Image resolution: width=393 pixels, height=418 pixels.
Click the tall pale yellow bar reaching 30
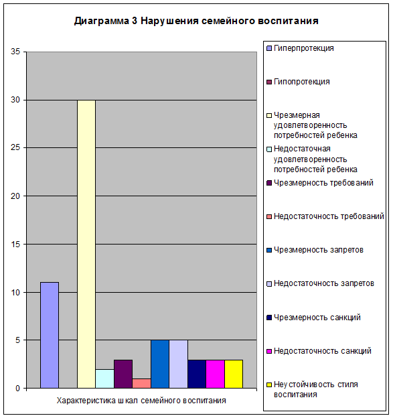click(x=86, y=244)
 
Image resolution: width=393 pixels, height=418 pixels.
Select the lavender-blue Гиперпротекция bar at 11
click(x=50, y=335)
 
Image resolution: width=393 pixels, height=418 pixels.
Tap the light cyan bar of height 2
click(x=104, y=378)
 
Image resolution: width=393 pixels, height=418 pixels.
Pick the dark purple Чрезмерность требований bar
click(x=123, y=374)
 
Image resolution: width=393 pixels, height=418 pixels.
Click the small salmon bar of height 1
click(x=141, y=383)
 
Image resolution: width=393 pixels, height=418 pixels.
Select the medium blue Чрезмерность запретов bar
click(x=160, y=364)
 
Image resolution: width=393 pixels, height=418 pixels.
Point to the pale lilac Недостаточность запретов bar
click(x=179, y=364)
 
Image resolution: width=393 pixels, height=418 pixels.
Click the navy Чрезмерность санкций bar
click(x=197, y=374)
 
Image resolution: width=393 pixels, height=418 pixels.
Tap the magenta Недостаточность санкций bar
click(x=216, y=374)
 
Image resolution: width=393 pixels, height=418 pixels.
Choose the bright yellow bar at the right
click(x=234, y=374)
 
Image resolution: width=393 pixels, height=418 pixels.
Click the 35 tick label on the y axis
click(x=15, y=52)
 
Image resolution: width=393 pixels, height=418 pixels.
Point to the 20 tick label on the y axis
click(x=15, y=196)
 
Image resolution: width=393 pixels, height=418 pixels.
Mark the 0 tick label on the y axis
click(x=18, y=389)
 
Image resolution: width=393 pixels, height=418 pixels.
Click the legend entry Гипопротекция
click(x=301, y=82)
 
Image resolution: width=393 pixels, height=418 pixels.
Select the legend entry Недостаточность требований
click(x=329, y=216)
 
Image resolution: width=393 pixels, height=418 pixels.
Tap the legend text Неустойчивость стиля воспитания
click(x=316, y=389)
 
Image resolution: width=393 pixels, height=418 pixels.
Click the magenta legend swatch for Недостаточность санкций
click(x=269, y=352)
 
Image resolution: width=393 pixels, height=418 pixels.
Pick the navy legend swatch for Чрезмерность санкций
click(x=269, y=318)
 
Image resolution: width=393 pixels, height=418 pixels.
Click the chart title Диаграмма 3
click(x=106, y=21)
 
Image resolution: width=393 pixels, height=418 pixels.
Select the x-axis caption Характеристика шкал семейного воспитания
click(x=141, y=401)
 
